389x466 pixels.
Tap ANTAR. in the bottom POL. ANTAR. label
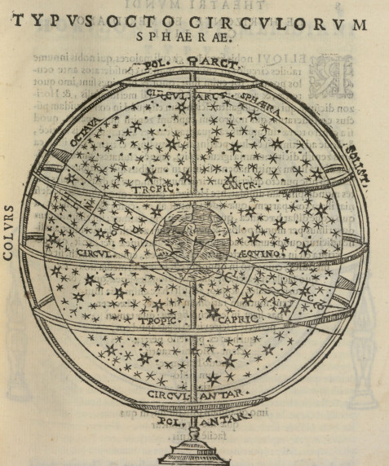tap(222, 421)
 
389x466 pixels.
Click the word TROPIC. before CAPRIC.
tap(157, 321)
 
